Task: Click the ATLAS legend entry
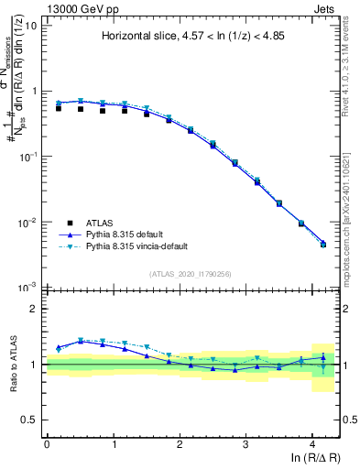pyautogui.click(x=99, y=222)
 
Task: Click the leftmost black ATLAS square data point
pyautogui.click(x=59, y=108)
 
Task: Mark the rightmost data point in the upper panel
pyautogui.click(x=323, y=244)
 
